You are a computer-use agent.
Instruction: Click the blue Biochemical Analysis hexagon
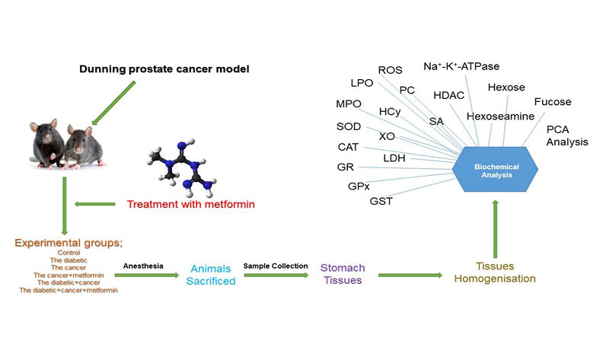496,170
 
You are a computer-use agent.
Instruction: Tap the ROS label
390,70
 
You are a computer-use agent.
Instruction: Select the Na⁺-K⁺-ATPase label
461,67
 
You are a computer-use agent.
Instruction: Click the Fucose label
552,101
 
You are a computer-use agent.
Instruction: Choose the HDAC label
448,95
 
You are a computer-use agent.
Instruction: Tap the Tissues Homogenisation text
494,273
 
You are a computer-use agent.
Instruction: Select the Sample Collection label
275,265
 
